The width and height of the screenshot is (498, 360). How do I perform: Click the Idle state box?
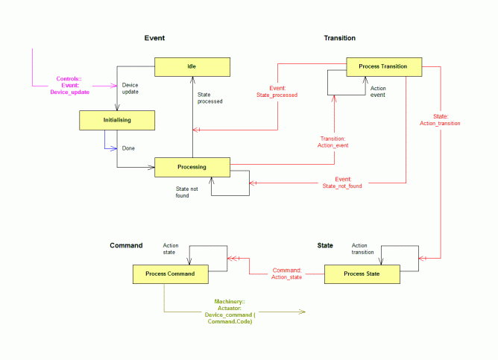click(192, 66)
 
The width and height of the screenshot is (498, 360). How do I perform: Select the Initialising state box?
click(117, 120)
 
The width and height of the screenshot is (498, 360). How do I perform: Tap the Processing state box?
click(192, 167)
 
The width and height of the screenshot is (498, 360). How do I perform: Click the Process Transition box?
click(384, 66)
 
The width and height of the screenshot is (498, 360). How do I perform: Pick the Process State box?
click(362, 274)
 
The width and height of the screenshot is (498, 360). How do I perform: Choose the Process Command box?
click(171, 274)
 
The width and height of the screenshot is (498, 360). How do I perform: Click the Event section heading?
click(154, 38)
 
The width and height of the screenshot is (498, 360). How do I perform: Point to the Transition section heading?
click(339, 38)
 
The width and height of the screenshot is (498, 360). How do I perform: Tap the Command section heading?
click(126, 245)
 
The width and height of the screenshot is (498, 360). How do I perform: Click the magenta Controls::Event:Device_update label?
click(69, 86)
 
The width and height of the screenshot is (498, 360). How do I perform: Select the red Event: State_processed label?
click(277, 92)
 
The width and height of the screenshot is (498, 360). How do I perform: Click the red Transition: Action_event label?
click(332, 142)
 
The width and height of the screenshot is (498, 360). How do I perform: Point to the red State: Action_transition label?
click(440, 120)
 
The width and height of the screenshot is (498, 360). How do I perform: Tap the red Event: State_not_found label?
click(342, 183)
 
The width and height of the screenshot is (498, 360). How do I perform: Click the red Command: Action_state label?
click(286, 274)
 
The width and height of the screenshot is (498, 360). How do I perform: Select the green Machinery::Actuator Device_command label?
click(230, 312)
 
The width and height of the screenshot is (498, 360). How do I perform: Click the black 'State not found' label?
click(186, 192)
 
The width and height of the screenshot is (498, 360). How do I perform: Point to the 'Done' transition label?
click(128, 148)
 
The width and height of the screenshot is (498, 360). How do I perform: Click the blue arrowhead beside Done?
click(114, 148)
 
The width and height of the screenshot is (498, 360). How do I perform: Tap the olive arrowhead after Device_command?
click(302, 312)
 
